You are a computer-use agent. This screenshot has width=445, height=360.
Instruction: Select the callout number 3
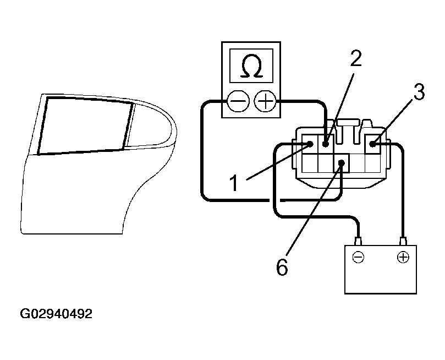(x=419, y=92)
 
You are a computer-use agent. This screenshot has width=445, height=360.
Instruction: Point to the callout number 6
(x=281, y=268)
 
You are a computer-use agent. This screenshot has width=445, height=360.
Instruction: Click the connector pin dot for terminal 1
(x=310, y=144)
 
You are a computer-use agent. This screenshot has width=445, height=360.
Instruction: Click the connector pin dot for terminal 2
(x=326, y=144)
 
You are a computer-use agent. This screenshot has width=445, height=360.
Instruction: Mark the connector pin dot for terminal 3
(x=373, y=144)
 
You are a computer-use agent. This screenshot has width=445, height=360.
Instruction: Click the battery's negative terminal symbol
(x=358, y=257)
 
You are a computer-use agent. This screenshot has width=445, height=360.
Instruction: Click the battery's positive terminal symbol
(x=403, y=257)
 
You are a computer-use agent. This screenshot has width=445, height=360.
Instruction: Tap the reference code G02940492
(x=56, y=314)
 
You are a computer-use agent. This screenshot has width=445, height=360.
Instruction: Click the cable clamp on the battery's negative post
(x=358, y=241)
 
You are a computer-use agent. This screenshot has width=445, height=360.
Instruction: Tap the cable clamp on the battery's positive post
(x=403, y=241)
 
